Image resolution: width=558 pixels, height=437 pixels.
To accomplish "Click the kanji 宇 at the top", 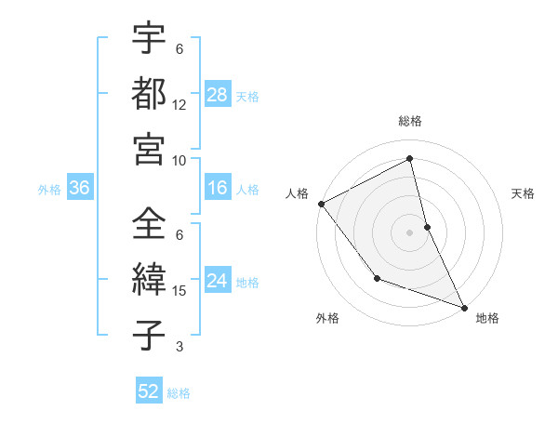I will tap(149, 38).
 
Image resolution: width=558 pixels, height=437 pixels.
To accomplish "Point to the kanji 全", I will tap(149, 224).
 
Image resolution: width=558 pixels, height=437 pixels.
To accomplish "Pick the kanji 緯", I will tap(149, 279).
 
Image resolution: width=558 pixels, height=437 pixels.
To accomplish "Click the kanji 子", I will tap(149, 335).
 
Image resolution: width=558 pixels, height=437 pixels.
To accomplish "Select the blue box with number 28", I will tap(218, 95).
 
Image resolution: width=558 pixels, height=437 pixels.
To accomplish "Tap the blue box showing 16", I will tap(218, 189).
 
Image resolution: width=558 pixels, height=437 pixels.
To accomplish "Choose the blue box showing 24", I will tap(218, 282).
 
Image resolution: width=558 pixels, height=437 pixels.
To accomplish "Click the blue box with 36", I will tap(80, 189).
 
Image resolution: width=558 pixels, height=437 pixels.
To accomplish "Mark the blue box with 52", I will tap(149, 391).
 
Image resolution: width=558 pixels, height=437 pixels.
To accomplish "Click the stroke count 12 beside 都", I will tap(179, 105).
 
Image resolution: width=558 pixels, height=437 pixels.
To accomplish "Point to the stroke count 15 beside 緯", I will tap(179, 291).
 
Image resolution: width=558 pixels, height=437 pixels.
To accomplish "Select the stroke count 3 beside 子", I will tap(179, 347).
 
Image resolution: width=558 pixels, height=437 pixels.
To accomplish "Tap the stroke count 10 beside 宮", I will tap(179, 160).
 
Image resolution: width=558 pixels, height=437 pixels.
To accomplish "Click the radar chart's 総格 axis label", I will tap(410, 122).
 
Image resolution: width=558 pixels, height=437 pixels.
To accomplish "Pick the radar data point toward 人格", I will tap(321, 204).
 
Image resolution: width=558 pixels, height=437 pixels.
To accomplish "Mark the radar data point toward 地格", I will tap(464, 307).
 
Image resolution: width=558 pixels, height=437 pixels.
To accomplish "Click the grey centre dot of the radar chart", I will tap(410, 232).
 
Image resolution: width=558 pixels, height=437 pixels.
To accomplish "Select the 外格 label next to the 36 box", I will tap(49, 190).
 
